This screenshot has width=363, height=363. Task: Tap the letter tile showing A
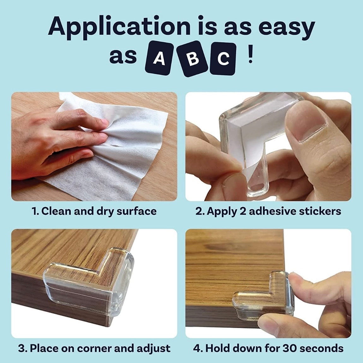(159, 59)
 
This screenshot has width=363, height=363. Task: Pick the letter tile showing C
(223, 59)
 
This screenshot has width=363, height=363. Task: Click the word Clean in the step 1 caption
(56, 211)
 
